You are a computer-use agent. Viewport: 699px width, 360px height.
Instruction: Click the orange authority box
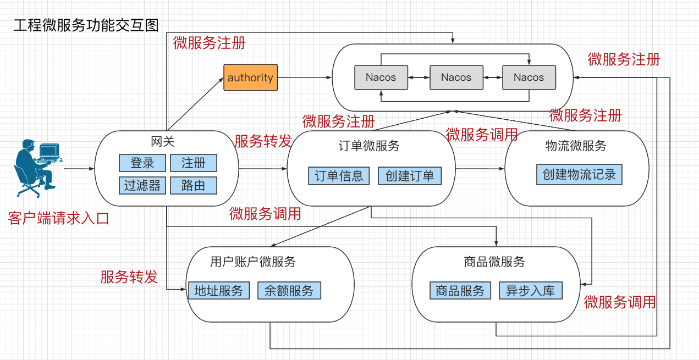(250, 77)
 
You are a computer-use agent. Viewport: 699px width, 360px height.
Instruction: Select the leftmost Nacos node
(381, 77)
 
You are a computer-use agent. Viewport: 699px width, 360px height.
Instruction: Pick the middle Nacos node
(456, 77)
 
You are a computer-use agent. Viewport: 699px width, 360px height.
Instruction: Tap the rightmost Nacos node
(529, 77)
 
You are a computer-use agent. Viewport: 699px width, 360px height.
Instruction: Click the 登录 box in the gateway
(142, 163)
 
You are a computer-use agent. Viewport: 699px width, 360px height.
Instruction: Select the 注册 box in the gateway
(193, 163)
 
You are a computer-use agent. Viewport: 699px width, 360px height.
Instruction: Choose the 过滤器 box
(142, 186)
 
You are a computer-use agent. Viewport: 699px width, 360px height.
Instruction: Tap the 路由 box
(193, 186)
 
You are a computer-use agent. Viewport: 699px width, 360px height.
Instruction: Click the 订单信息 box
(339, 176)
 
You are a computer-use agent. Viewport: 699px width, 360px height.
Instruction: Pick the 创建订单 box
(410, 176)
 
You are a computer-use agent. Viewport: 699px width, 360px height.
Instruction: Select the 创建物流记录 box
(579, 175)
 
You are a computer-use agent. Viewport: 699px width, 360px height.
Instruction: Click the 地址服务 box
(218, 291)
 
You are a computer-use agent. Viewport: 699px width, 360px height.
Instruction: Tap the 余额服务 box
(289, 291)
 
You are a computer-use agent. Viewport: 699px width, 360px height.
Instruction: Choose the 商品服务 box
(460, 291)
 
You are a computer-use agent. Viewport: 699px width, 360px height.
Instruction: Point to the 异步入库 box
(531, 291)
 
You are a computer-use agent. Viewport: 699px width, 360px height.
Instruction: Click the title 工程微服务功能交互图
(86, 26)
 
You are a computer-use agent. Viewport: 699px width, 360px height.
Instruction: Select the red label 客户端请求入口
(59, 218)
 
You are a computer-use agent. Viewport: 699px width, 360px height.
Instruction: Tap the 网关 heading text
(163, 142)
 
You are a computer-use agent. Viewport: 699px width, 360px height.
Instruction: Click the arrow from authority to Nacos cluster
(305, 77)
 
